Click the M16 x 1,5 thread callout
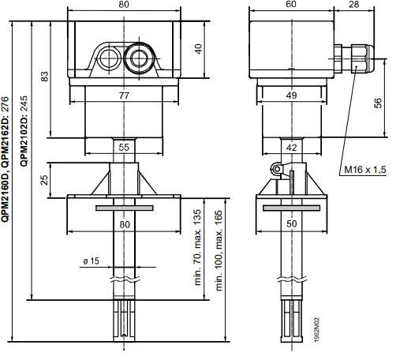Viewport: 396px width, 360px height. (365, 170)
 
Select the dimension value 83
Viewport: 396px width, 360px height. (45, 77)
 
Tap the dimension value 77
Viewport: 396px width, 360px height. (124, 96)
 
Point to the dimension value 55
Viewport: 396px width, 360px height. (124, 148)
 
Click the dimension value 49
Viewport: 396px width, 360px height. (291, 96)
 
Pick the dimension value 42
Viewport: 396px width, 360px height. (291, 148)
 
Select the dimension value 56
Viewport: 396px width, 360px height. (377, 103)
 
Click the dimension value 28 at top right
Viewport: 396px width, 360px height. (353, 4)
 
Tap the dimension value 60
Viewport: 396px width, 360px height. (291, 4)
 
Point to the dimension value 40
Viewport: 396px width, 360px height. (198, 49)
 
